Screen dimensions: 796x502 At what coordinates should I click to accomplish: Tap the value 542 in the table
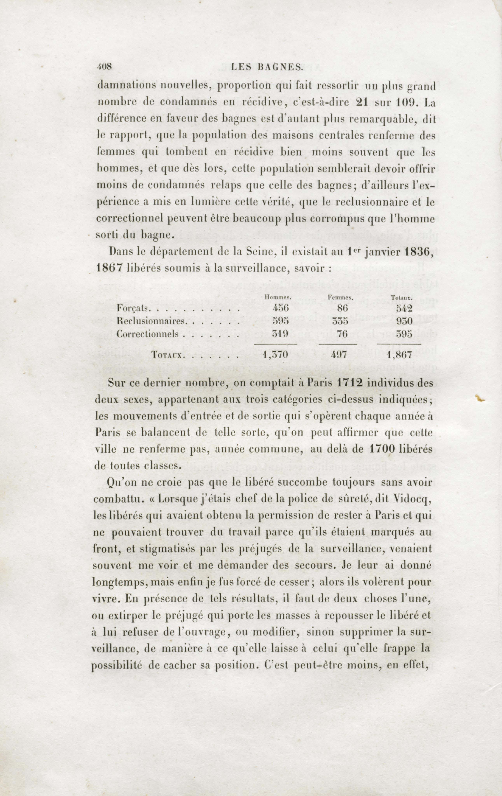coord(403,308)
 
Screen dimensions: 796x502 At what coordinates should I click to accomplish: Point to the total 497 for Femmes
coord(338,355)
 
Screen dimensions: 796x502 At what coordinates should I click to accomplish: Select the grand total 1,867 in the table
coord(399,355)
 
